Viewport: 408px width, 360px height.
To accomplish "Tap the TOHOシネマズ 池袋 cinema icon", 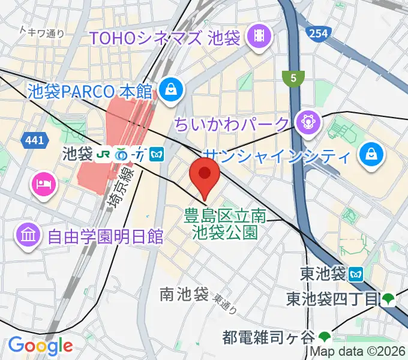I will point(259,37).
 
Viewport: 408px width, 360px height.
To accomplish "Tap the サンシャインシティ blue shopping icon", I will point(369,156).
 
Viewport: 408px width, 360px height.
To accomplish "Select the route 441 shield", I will point(34,140).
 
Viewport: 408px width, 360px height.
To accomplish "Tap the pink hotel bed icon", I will point(43,182).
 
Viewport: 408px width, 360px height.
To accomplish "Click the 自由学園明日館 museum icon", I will point(28,234).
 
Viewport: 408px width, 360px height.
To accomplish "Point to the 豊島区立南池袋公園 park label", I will point(225,223).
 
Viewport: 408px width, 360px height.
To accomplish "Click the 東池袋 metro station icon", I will point(356,274).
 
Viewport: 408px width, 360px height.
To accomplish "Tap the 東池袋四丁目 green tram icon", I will point(388,298).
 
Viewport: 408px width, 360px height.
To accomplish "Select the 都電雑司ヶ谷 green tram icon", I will point(325,336).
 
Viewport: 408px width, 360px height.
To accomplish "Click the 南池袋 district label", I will point(184,294).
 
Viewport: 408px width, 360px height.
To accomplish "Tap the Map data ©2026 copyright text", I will point(356,353).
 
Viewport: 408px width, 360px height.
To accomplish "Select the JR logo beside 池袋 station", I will point(104,154).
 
